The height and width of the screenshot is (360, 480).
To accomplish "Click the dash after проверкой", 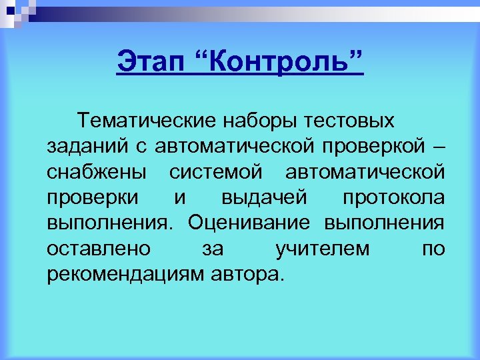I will point(438,147).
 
